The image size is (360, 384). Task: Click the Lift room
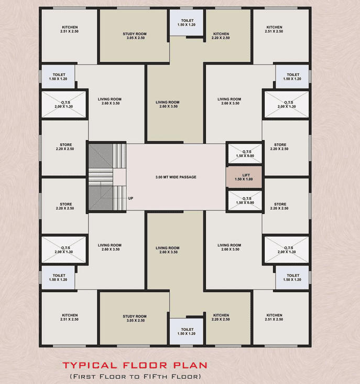(244, 177)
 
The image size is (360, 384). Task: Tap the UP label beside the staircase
(131, 198)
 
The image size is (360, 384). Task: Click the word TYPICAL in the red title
(90, 366)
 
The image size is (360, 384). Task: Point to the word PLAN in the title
(191, 366)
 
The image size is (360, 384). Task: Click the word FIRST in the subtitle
(84, 377)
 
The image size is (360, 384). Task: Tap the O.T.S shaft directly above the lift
(245, 154)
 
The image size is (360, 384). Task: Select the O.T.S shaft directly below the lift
(245, 200)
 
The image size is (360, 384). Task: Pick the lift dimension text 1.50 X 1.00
(244, 179)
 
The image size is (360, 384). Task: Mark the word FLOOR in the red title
(145, 366)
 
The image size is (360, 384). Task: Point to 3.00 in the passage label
(159, 177)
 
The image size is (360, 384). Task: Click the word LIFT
(246, 175)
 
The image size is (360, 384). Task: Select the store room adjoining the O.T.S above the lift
(286, 148)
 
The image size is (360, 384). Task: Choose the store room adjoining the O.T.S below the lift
(286, 206)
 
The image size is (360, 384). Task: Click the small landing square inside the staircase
(119, 177)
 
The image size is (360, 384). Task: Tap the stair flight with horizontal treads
(101, 177)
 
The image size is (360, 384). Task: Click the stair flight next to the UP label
(119, 198)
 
